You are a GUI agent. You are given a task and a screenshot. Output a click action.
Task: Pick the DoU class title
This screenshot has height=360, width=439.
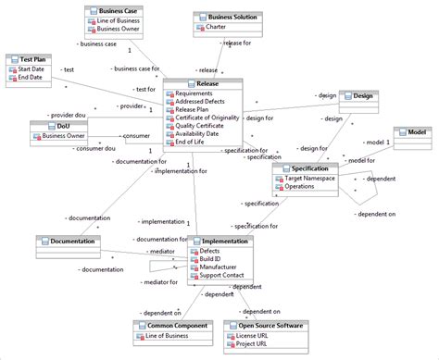click(63, 126)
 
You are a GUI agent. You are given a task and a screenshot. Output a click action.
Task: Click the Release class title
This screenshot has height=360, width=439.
click(207, 82)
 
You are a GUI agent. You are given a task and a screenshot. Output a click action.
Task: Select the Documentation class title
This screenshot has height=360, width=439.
click(72, 241)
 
